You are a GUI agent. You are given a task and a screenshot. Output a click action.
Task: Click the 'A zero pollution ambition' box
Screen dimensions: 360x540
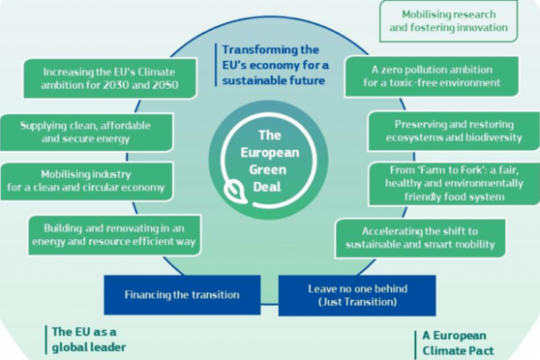click(x=432, y=76)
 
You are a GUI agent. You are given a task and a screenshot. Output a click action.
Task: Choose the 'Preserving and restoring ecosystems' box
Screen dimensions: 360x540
click(x=446, y=131)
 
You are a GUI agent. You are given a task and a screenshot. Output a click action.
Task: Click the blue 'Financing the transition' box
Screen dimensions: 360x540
click(x=182, y=294)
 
